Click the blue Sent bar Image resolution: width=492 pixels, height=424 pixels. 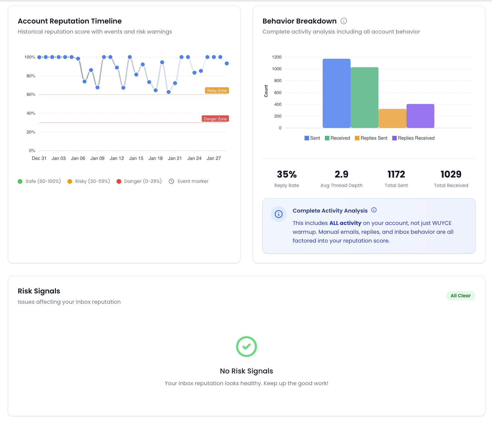coord(336,94)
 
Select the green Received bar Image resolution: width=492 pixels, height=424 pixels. coord(364,98)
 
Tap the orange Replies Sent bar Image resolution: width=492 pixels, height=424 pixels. coord(392,118)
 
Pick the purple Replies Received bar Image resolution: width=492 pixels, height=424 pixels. coord(420,116)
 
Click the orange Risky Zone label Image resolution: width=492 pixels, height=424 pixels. coord(217,91)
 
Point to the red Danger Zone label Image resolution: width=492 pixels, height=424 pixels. coord(215,119)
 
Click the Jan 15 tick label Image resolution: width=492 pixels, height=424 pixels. coord(136,158)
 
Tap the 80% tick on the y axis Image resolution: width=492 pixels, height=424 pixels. coord(31,76)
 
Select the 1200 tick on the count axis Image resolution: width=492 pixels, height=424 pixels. coord(277,57)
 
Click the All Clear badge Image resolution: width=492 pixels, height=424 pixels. coord(461,296)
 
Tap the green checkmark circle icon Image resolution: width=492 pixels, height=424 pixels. coord(246,346)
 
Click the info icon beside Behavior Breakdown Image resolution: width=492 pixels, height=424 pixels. coord(344,21)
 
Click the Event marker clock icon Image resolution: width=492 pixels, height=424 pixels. coord(172,181)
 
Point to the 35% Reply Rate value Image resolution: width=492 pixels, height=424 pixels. coord(287,174)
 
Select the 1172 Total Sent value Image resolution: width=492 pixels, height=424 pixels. coord(396,174)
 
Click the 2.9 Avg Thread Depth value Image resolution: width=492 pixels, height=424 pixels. coord(341,174)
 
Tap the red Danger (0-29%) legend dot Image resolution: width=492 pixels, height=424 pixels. coord(119,181)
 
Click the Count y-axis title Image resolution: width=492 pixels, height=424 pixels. coord(266,91)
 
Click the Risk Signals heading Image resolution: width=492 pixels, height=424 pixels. coord(39,291)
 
